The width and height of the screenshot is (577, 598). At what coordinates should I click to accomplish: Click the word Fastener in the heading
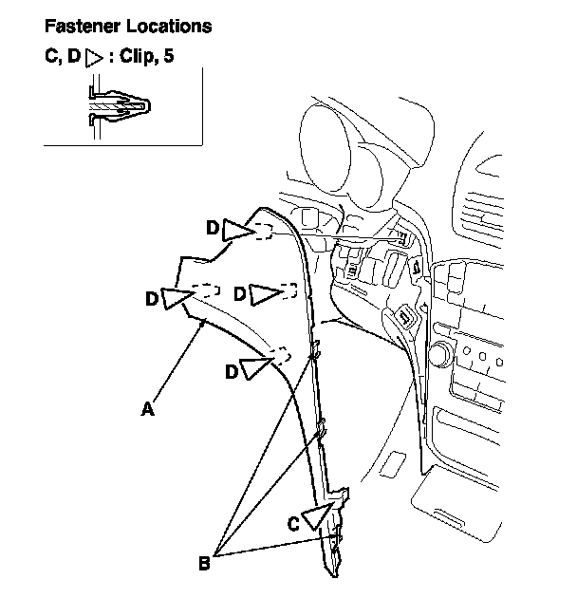[x=83, y=26]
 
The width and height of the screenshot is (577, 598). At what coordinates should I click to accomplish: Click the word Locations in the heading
[x=169, y=26]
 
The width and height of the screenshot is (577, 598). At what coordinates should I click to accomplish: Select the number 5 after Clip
[x=168, y=56]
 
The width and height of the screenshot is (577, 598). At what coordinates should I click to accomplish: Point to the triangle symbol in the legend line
[x=94, y=58]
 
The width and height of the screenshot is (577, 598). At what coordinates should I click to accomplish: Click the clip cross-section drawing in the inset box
[x=119, y=106]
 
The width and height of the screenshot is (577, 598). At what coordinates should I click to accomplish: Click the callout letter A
[x=148, y=409]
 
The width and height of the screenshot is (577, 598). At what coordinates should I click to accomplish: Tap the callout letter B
[x=204, y=563]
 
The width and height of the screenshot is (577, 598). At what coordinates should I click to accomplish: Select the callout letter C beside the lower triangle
[x=293, y=524]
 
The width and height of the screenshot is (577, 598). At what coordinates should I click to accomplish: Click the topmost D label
[x=213, y=228]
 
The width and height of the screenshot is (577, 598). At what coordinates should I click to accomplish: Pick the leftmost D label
[x=152, y=298]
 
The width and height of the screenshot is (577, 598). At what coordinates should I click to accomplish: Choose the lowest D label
[x=232, y=371]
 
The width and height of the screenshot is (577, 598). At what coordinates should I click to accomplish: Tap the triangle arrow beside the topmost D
[x=237, y=231]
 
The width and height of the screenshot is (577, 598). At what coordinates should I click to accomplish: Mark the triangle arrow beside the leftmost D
[x=177, y=297]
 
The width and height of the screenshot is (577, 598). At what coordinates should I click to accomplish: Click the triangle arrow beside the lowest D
[x=254, y=367]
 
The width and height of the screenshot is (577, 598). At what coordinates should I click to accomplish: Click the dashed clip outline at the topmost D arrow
[x=264, y=231]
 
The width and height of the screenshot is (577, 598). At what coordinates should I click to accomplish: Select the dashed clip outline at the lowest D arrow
[x=281, y=355]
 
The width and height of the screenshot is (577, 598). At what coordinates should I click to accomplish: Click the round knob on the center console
[x=441, y=354]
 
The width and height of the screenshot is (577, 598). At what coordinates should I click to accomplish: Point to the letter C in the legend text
[x=50, y=56]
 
